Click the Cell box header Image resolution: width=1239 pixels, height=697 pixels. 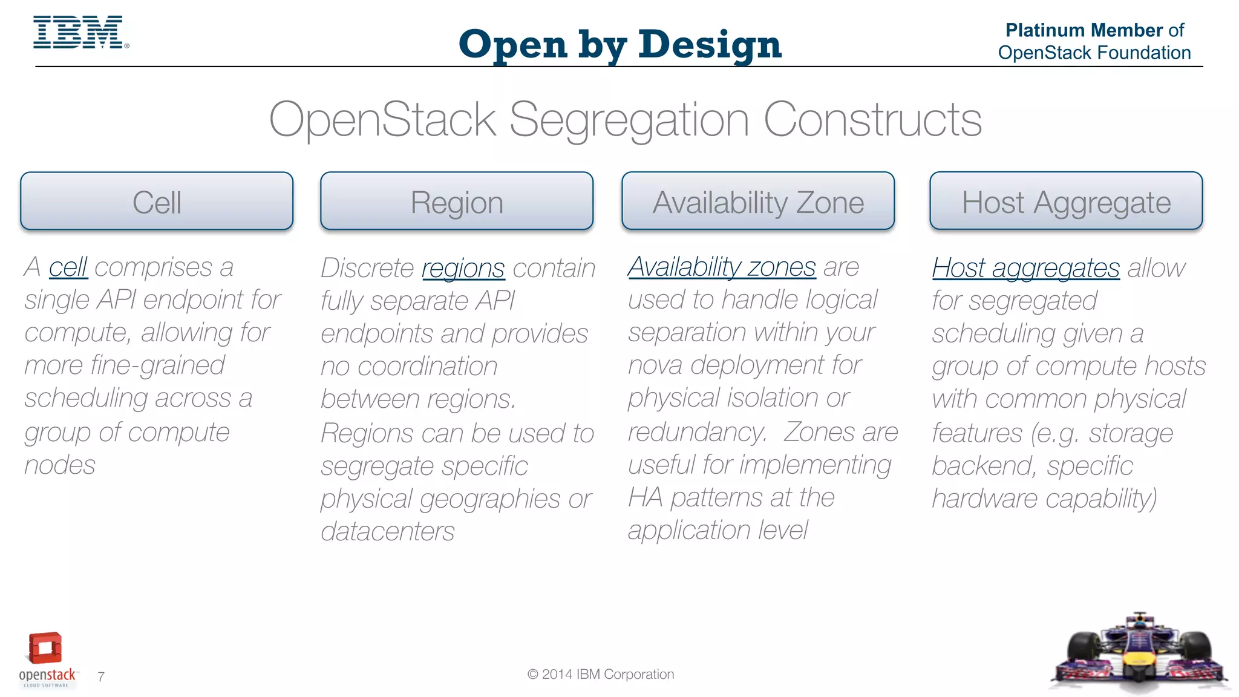click(x=157, y=201)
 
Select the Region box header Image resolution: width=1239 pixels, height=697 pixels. click(x=457, y=201)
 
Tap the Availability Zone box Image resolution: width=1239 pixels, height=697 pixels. click(x=758, y=201)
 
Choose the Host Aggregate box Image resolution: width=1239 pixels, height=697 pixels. click(x=1066, y=201)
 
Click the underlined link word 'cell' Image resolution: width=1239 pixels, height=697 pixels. click(x=68, y=267)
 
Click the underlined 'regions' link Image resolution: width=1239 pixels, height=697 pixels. click(x=463, y=269)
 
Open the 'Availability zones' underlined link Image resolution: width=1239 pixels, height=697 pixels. click(x=722, y=267)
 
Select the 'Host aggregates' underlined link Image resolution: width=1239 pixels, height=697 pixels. click(x=1025, y=269)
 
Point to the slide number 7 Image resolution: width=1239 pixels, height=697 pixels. click(x=101, y=676)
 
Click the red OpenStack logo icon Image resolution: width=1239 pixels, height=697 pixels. click(x=45, y=648)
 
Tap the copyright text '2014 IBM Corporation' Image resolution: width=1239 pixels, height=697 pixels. click(x=607, y=674)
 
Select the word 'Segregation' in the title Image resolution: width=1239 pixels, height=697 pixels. click(x=629, y=120)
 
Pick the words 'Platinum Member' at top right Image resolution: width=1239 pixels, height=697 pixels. click(x=1084, y=30)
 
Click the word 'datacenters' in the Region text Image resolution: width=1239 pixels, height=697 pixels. click(x=387, y=532)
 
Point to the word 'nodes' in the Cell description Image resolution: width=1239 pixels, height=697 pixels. click(x=60, y=465)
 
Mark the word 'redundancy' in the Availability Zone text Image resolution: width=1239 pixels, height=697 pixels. click(x=696, y=433)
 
